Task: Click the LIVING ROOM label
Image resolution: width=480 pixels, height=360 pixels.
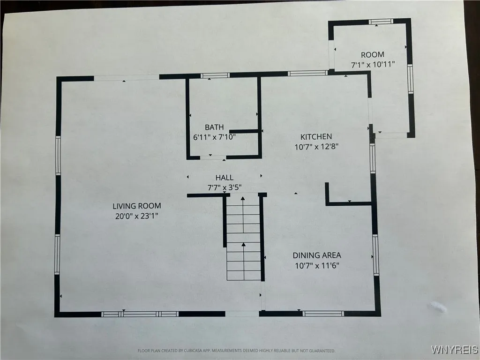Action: coord(136,206)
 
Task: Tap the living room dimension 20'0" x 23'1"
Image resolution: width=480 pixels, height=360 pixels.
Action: coord(136,216)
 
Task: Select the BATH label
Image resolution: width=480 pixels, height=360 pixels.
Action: coord(214,127)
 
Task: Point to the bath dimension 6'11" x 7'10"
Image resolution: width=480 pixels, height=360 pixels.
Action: coord(214,137)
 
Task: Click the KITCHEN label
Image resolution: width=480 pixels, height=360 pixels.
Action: coord(316,136)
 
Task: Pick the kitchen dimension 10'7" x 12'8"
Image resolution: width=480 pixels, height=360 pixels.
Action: coord(316,146)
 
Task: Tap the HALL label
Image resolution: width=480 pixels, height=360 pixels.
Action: coord(224,178)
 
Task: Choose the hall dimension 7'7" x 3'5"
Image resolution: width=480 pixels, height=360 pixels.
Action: coord(224,187)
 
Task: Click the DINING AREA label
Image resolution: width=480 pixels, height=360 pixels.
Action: coord(317,255)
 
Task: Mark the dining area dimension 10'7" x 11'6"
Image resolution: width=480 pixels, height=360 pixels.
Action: coord(317,265)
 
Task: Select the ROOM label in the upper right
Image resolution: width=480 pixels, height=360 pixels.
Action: coord(373,55)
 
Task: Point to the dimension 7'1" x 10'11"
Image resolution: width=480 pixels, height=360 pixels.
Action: coord(373,64)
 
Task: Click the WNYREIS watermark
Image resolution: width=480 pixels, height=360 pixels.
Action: coord(454,350)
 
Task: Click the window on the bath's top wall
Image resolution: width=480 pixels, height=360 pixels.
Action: coord(215,75)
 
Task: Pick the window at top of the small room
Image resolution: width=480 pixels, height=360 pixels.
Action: coord(380,22)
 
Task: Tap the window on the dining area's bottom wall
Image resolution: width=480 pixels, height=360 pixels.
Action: coord(323,313)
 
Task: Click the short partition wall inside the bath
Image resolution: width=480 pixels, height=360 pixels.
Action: coord(244,131)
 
